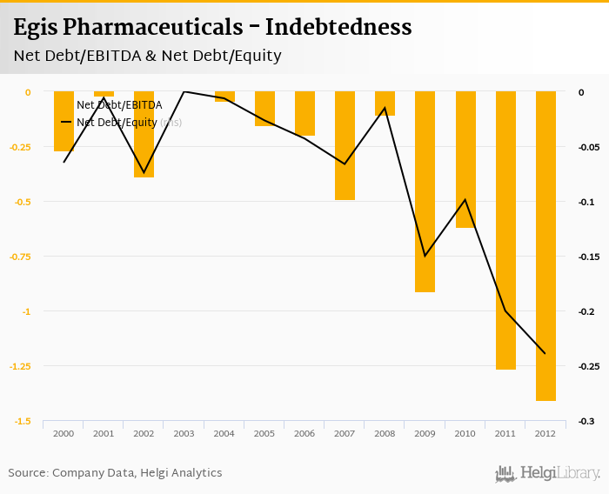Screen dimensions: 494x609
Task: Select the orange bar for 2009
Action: coord(425,191)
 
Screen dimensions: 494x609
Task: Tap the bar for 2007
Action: coord(345,146)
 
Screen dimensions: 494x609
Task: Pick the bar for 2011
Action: coord(505,230)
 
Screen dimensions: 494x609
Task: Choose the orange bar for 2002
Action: coord(144,134)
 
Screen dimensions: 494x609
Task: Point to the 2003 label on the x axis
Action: coord(184,433)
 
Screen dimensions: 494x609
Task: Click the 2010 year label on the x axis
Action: coord(465,433)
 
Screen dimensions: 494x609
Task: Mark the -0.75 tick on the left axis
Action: coord(19,257)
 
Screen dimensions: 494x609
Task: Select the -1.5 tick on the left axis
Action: coord(23,422)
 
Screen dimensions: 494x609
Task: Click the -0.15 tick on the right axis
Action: coord(589,257)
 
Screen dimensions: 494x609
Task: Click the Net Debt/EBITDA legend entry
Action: coord(119,105)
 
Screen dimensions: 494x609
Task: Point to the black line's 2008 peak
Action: coord(385,108)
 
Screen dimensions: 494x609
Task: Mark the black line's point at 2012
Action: coord(545,353)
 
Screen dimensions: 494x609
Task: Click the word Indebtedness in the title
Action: coord(338,27)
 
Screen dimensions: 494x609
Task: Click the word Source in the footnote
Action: coord(26,473)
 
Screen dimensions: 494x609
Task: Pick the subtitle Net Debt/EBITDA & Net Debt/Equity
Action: coord(147,56)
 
